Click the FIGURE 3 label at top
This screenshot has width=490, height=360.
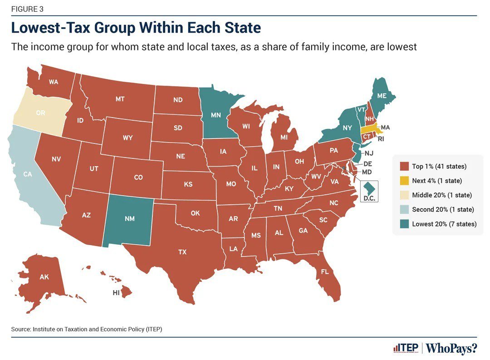tap(28, 9)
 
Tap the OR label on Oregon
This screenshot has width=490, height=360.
tap(40, 113)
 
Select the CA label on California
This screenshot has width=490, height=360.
tap(28, 174)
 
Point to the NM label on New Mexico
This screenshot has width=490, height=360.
tap(129, 218)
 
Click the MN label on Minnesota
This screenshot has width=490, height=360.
tap(216, 115)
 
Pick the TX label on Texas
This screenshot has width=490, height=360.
tap(182, 252)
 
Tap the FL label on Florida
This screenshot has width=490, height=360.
tap(324, 271)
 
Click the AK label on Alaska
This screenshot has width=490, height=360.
tap(44, 276)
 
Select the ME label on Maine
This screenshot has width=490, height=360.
tap(382, 97)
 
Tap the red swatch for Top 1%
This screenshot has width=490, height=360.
tap(403, 167)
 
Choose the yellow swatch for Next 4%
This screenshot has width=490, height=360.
tap(403, 181)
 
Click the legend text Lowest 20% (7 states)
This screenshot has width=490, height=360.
tap(444, 224)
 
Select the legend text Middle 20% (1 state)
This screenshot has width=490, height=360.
tap(441, 195)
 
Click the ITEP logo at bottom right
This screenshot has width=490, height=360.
tap(406, 348)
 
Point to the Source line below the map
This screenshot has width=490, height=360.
tap(86, 329)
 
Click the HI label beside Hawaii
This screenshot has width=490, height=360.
tap(116, 293)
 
